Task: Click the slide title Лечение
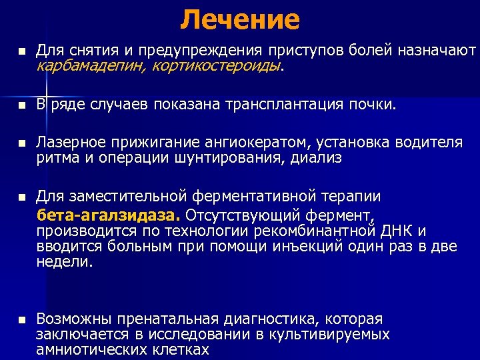(x=239, y=19)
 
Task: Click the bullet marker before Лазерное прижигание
(x=21, y=143)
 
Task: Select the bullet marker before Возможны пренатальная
(x=21, y=320)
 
